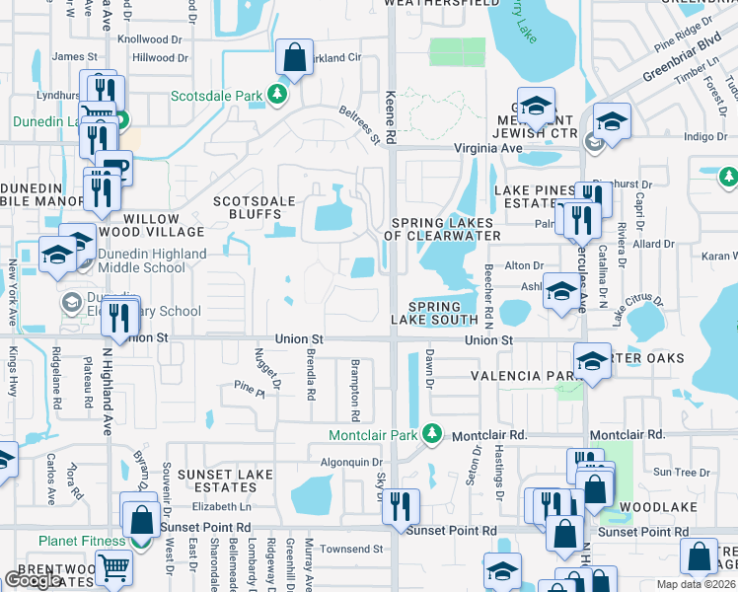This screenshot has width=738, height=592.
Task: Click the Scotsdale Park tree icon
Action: coord(278,95)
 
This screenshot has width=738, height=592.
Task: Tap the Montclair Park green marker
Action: coord(431,434)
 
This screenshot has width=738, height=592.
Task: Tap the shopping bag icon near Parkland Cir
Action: coord(295,56)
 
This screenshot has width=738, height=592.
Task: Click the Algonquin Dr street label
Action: coord(350,462)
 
